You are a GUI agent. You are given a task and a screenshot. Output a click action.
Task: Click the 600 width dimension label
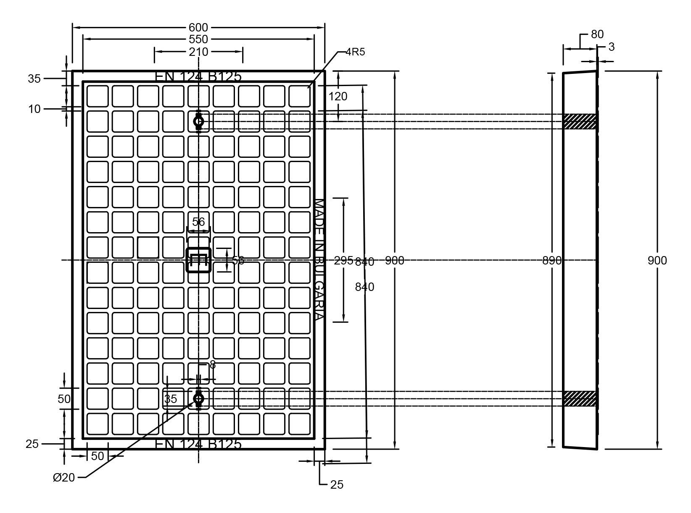click(198, 28)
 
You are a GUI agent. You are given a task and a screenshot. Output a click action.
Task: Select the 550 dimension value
click(198, 39)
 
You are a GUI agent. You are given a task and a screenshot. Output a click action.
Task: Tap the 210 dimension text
click(198, 52)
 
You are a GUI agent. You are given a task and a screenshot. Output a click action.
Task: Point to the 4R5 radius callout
click(355, 52)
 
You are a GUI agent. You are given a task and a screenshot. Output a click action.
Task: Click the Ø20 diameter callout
click(64, 477)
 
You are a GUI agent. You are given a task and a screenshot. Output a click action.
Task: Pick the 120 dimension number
click(338, 97)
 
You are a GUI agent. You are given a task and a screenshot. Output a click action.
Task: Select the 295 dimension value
click(343, 260)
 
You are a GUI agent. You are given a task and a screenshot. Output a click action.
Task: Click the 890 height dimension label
click(552, 261)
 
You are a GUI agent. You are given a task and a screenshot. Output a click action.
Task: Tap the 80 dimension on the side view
click(597, 34)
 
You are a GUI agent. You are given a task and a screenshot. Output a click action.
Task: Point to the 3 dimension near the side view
click(611, 47)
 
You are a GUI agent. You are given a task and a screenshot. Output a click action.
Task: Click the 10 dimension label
click(34, 109)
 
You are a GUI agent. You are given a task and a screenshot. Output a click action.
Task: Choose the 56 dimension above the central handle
click(198, 221)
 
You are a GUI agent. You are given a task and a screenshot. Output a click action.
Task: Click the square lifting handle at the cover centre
click(198, 260)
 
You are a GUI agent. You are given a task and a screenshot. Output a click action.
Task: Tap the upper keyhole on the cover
click(198, 121)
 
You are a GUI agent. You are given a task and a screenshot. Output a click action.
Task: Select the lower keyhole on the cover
click(198, 398)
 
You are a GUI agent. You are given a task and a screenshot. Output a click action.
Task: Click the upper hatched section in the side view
click(580, 121)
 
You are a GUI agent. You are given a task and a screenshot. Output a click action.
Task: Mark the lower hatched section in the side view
click(580, 398)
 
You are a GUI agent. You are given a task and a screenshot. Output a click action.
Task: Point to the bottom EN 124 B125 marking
click(198, 444)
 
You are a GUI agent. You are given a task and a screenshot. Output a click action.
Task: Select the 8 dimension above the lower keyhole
click(213, 365)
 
